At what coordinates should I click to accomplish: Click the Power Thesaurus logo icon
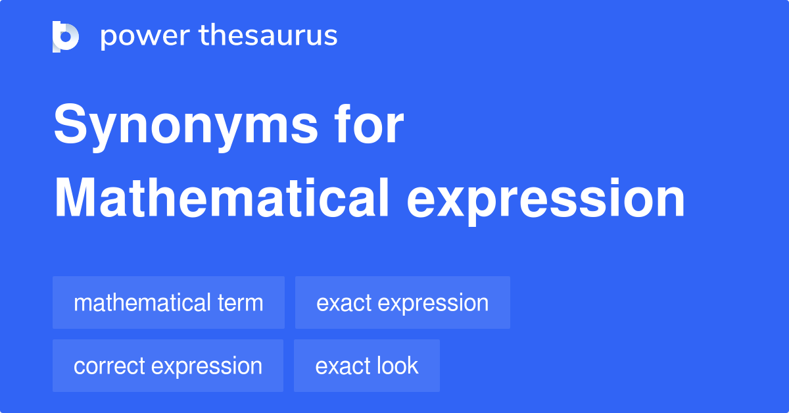tap(66, 37)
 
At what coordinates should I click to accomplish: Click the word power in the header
tap(145, 36)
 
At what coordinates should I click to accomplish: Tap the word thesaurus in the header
tap(268, 35)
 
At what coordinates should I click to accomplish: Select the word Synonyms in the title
tap(185, 126)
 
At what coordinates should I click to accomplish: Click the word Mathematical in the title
tap(222, 198)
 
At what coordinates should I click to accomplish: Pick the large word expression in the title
tap(546, 201)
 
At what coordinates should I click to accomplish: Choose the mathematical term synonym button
tap(168, 303)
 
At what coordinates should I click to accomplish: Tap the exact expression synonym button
tap(402, 303)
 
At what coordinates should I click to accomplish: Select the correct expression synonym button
tap(168, 366)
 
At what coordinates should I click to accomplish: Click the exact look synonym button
tap(367, 366)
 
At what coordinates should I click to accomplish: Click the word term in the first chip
tap(240, 303)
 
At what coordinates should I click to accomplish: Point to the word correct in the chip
tap(109, 366)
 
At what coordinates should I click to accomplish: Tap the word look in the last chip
tap(397, 366)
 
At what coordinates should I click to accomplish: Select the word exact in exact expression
tap(344, 303)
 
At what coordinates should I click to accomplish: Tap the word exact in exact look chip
tap(343, 366)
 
